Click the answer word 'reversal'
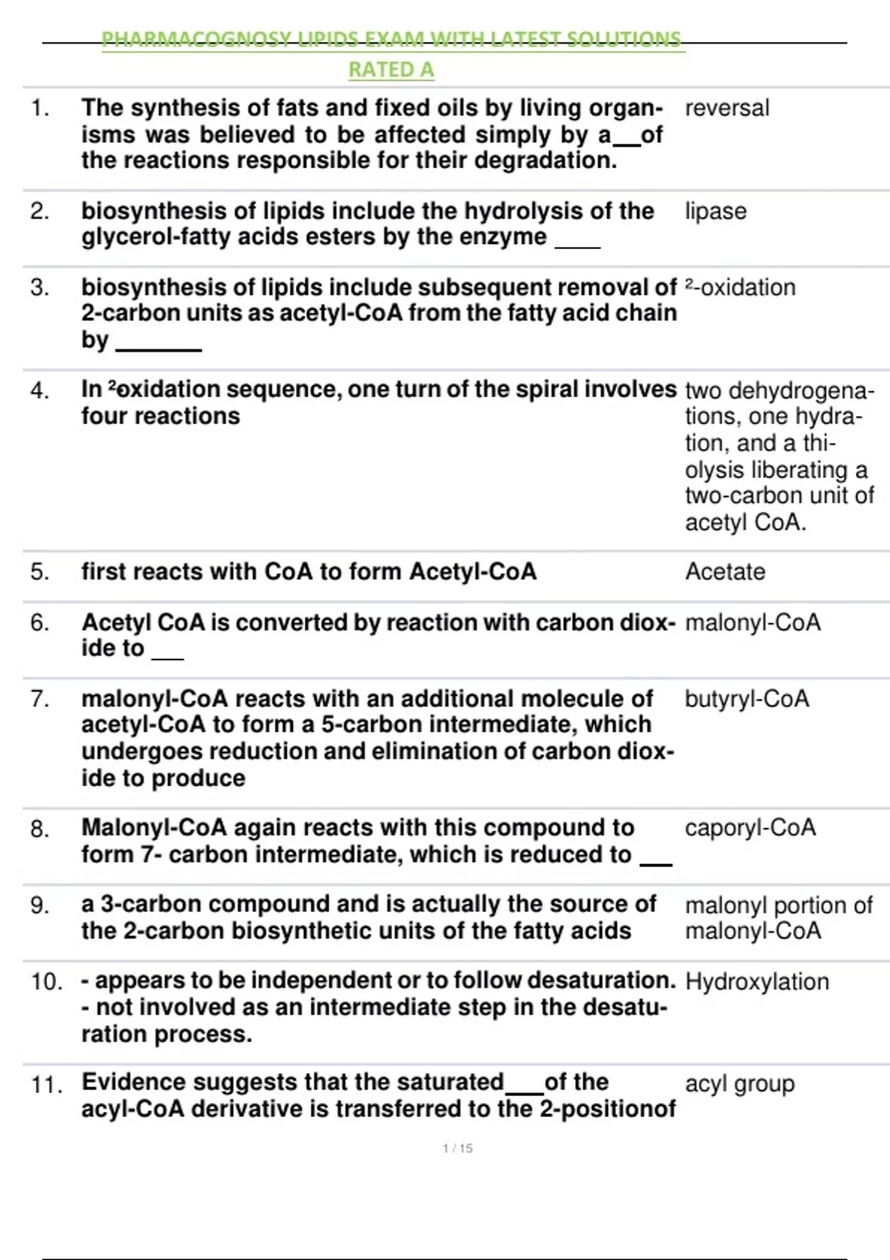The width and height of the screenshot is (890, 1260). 727,108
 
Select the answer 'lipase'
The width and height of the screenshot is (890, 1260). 715,211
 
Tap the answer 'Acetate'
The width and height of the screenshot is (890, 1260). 725,571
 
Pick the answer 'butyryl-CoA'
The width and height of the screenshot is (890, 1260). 746,699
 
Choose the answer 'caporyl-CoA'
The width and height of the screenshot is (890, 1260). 750,827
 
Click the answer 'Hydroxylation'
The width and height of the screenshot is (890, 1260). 756,981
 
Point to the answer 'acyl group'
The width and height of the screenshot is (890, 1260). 739,1084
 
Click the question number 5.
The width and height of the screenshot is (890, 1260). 39,571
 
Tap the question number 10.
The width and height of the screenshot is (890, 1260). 46,981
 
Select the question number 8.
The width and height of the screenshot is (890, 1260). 39,829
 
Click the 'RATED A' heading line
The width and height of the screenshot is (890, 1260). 391,70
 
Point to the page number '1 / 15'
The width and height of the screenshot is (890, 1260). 458,1148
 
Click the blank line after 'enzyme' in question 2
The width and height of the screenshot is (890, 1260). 578,245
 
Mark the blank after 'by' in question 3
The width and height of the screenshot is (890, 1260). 159,348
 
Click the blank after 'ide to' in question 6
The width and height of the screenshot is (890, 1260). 167,657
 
